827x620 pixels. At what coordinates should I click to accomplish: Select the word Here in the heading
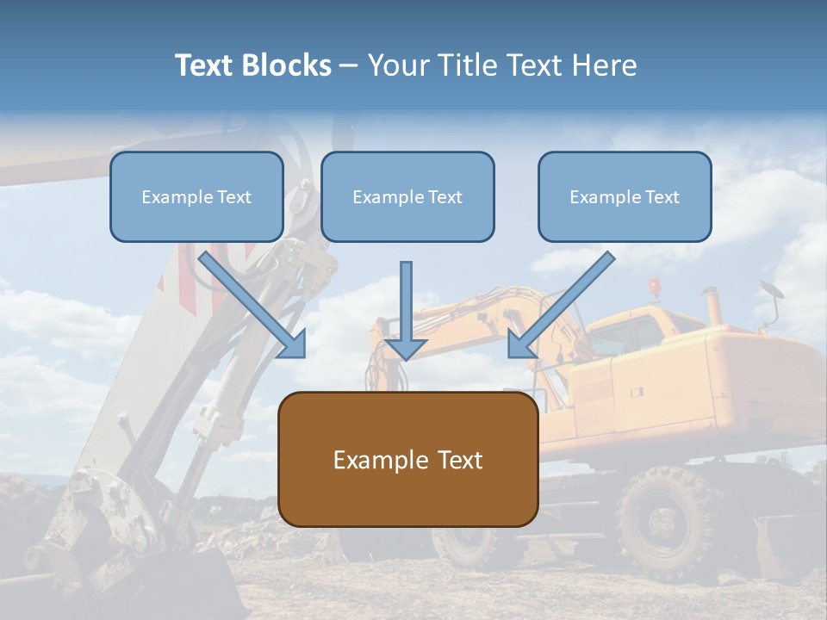coord(606,65)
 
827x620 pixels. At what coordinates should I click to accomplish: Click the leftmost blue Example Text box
coord(196,196)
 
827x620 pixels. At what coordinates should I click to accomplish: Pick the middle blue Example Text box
coord(407,196)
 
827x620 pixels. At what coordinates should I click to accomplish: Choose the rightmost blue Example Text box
coord(625,196)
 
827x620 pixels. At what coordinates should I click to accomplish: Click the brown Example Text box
coord(407,459)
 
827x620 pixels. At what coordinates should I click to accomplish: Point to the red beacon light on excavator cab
coord(655,286)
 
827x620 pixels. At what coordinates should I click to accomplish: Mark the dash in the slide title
coord(349,66)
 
